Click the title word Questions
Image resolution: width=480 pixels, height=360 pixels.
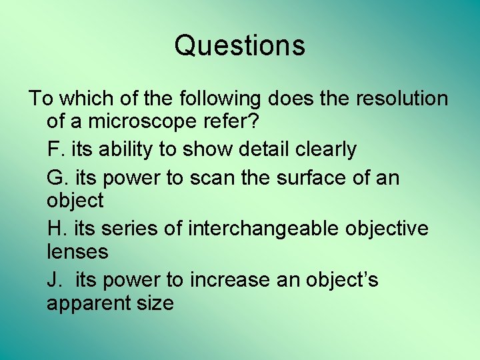click(x=240, y=45)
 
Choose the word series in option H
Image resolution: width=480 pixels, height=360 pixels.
click(x=129, y=229)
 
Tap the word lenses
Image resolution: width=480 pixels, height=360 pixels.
click(x=77, y=252)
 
